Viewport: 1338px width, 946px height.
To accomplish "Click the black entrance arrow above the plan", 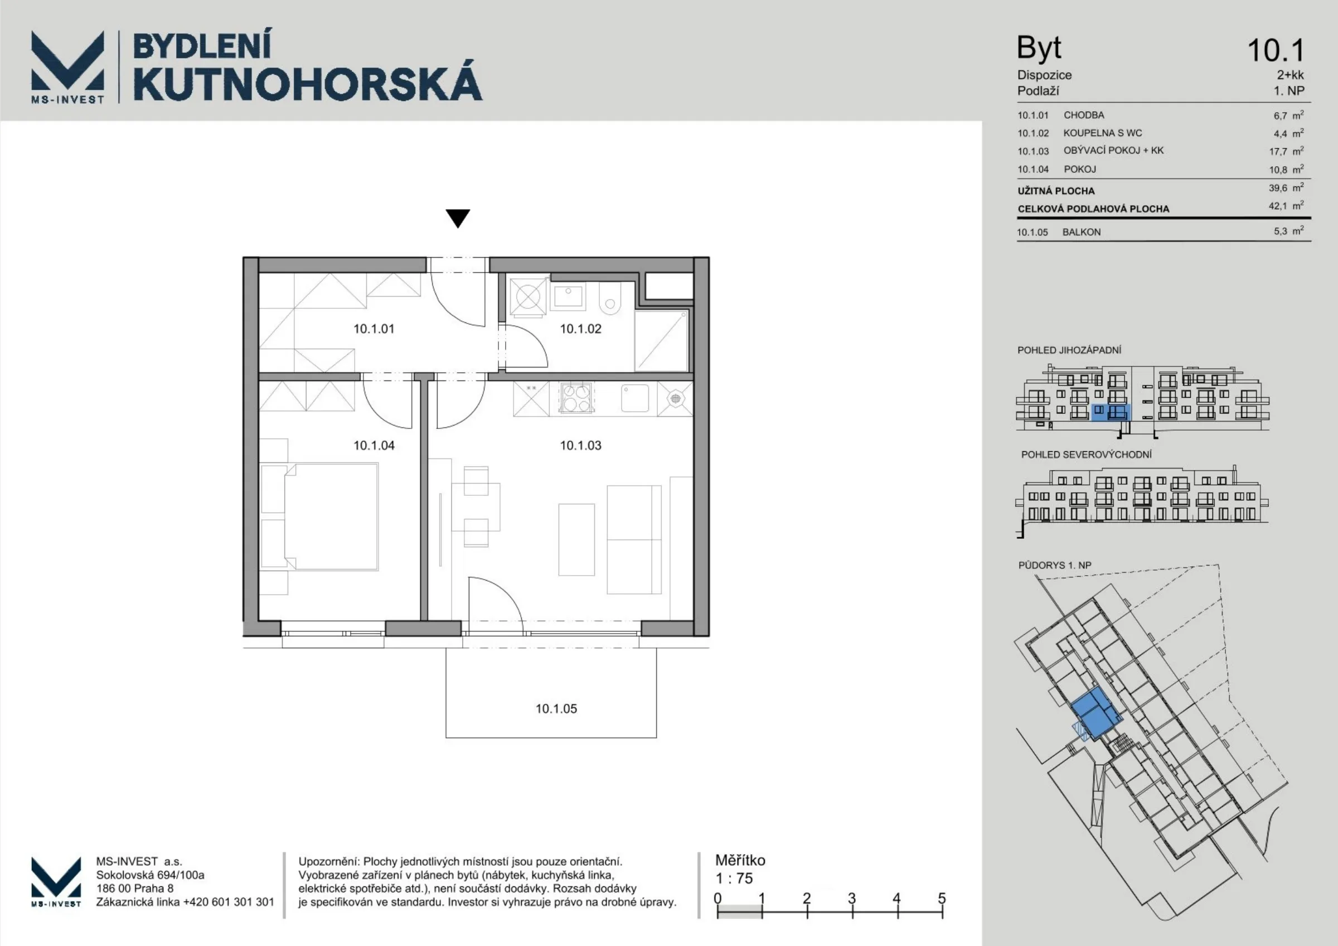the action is [x=458, y=218].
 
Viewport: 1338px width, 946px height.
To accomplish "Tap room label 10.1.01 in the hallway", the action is [x=374, y=329].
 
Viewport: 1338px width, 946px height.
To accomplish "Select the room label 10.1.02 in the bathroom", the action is [x=580, y=329].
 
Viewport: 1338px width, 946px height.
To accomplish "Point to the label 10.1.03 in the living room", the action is [x=580, y=445].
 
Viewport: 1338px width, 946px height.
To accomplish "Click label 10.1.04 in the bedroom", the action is [x=374, y=445].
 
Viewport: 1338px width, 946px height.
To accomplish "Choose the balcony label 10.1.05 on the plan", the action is [x=556, y=709].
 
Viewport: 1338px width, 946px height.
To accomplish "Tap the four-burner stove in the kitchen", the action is [x=576, y=398].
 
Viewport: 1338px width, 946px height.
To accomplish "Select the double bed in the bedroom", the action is [x=319, y=517].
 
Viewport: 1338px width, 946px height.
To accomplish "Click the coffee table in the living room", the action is [x=576, y=540].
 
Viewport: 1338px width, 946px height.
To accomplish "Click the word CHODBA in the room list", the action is [x=1084, y=115].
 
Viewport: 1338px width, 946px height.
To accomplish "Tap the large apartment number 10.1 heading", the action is [x=1276, y=50].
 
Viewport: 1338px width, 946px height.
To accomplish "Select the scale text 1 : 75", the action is [x=734, y=878].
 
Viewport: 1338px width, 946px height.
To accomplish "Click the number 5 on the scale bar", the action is [x=942, y=898].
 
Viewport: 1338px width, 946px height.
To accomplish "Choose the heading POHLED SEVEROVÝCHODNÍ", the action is [x=1086, y=455].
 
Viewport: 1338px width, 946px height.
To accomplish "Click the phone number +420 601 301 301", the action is [x=229, y=902].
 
